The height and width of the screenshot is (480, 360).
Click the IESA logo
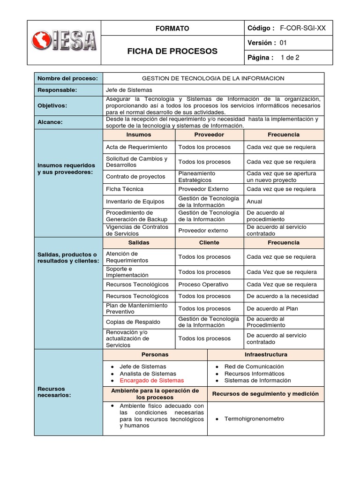(x=64, y=42)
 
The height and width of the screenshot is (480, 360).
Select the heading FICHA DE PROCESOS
(x=172, y=51)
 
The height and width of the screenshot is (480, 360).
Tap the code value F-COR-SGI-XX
(x=302, y=28)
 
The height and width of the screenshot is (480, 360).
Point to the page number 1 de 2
(x=290, y=58)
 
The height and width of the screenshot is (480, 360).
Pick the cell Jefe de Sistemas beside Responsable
(x=129, y=90)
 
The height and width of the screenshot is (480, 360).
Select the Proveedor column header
(x=209, y=135)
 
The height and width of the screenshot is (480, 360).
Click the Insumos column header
(x=139, y=135)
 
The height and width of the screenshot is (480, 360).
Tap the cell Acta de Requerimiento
(x=136, y=147)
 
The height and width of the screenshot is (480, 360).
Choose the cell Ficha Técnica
(x=125, y=189)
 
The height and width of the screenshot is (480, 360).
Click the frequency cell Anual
(x=255, y=202)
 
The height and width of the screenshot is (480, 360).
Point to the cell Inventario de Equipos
(x=135, y=202)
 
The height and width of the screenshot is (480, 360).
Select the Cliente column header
(x=209, y=243)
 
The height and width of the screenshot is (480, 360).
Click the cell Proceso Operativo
(x=203, y=285)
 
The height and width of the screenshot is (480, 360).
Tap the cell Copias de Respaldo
(x=133, y=322)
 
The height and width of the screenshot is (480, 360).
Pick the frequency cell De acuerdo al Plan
(x=272, y=308)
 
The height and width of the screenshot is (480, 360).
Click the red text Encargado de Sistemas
(x=151, y=381)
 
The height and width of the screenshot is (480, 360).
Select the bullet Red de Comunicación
(x=254, y=367)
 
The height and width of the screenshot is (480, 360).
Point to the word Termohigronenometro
(x=254, y=419)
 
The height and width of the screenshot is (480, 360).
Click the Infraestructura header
(x=265, y=354)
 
